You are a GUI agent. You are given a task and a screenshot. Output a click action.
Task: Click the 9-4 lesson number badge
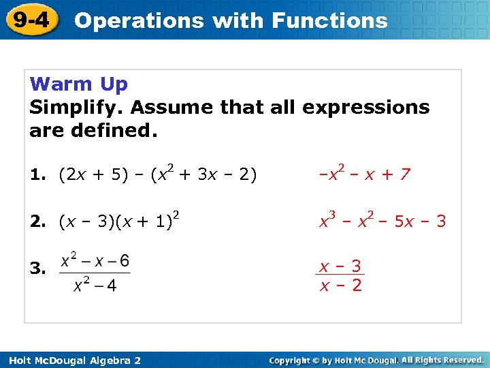pos(29,20)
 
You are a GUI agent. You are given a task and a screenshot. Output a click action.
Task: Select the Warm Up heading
pos(79,85)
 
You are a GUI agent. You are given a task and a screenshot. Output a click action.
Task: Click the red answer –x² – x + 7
pos(365,174)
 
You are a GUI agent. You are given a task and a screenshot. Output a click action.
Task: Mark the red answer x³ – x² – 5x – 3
pos(383,221)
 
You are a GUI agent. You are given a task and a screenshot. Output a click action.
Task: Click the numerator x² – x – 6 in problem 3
pos(95,261)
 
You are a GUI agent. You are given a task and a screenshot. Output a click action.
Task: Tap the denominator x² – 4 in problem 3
pos(95,286)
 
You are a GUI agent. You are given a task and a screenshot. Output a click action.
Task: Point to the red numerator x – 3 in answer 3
pos(341,266)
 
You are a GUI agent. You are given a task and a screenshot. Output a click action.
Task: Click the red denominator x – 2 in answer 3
pos(341,285)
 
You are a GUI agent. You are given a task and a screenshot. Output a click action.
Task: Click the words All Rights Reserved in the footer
pos(442,359)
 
